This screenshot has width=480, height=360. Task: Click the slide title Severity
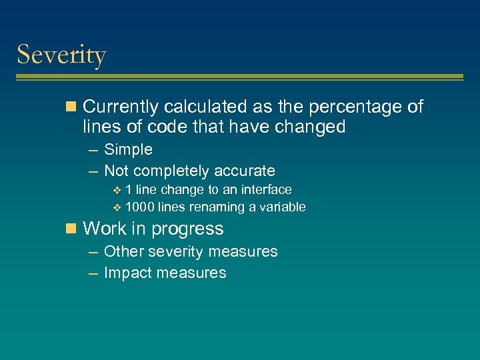coord(61,55)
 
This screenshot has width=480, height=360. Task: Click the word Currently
coord(121,107)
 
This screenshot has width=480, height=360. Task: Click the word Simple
coord(128,149)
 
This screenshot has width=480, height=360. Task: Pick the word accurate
coord(243,171)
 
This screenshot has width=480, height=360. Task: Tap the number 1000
coord(139,207)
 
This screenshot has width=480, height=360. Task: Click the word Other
coord(124,251)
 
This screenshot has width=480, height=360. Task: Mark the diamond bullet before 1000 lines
coord(117,207)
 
